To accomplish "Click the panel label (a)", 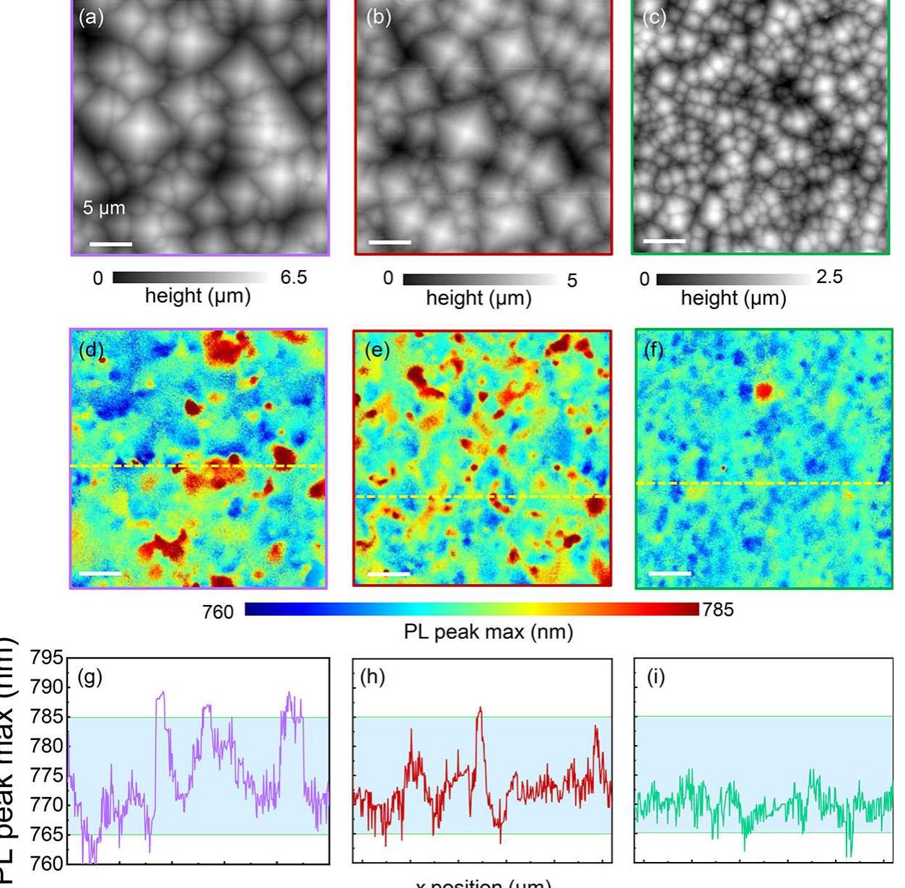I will pyautogui.click(x=91, y=17).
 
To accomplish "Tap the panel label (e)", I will pyautogui.click(x=377, y=350).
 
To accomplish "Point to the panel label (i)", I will pyautogui.click(x=655, y=679).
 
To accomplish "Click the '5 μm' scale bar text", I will pyautogui.click(x=104, y=208).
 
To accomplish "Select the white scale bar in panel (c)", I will pyautogui.click(x=664, y=240).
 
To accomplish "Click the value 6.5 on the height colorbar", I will pyautogui.click(x=294, y=278).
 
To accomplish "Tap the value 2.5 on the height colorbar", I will pyautogui.click(x=829, y=277).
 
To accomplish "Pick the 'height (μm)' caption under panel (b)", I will pyautogui.click(x=478, y=298).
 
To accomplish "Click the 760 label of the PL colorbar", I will pyautogui.click(x=218, y=612).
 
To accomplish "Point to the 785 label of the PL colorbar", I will pyautogui.click(x=718, y=610).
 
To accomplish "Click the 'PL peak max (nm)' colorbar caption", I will pyautogui.click(x=489, y=632).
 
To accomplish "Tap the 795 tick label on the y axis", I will pyautogui.click(x=47, y=658).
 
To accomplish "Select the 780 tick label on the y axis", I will pyautogui.click(x=47, y=746).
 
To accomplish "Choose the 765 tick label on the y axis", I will pyautogui.click(x=47, y=835).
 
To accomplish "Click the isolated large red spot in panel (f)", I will pyautogui.click(x=763, y=392).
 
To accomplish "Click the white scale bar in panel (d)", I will pyautogui.click(x=100, y=573).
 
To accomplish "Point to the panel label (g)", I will pyautogui.click(x=89, y=678).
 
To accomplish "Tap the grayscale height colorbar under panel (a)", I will pyautogui.click(x=190, y=278).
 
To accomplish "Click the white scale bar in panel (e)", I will pyautogui.click(x=388, y=574).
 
